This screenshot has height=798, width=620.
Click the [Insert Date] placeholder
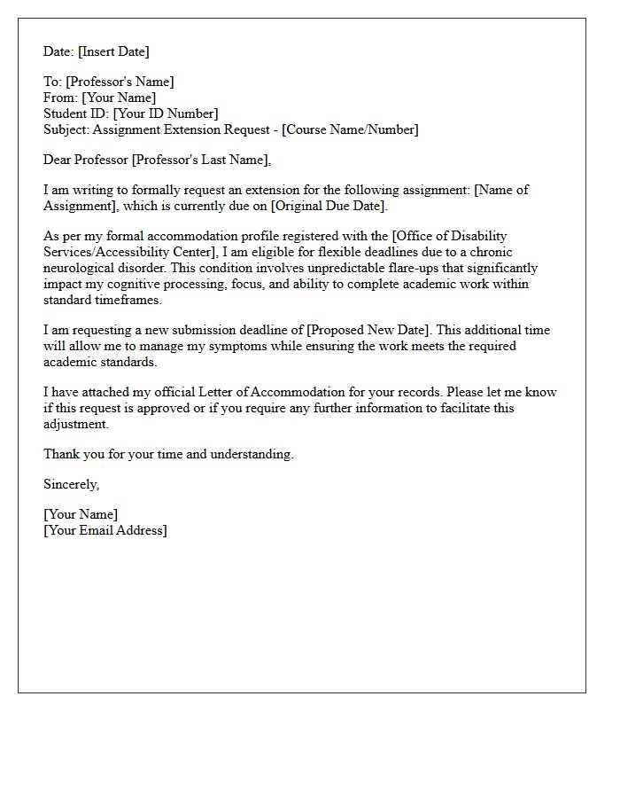[x=113, y=51]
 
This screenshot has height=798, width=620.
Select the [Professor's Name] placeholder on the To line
[x=120, y=82]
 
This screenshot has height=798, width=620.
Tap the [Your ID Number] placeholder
[x=166, y=113]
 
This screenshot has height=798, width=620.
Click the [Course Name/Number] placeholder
[x=350, y=129]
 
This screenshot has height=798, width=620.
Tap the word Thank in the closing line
[x=63, y=454]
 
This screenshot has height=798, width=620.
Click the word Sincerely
[x=71, y=484]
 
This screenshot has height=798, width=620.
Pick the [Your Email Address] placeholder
[x=105, y=530]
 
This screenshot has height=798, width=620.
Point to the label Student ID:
[x=76, y=113]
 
